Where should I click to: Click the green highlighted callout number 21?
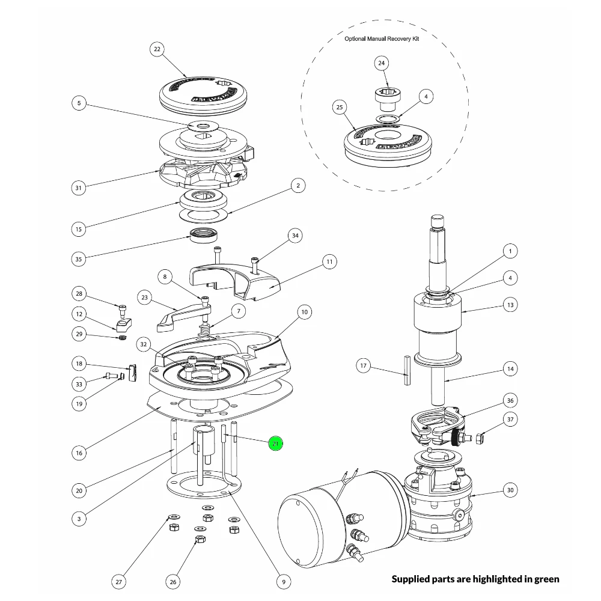[275, 444]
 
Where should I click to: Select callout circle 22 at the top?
[157, 49]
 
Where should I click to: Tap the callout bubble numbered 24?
[382, 63]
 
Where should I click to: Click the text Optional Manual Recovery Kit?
[382, 38]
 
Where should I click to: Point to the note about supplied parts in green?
[475, 579]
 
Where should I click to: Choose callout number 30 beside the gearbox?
[510, 490]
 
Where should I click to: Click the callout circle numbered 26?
[173, 581]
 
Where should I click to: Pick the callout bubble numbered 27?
[119, 581]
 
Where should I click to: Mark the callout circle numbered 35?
[79, 259]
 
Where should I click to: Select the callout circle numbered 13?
[510, 305]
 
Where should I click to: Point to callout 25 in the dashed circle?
[340, 108]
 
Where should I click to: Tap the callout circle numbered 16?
[79, 452]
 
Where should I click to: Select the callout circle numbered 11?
[329, 261]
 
